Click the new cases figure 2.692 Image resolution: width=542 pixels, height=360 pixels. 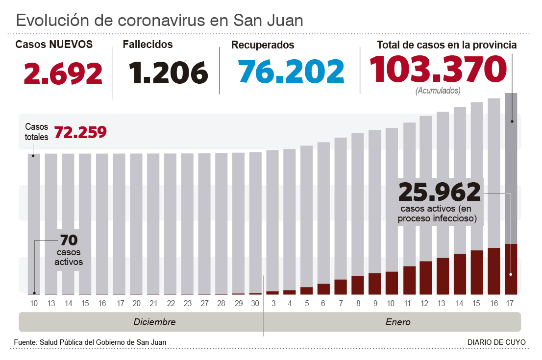tap(63, 73)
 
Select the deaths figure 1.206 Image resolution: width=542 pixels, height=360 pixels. tap(169, 73)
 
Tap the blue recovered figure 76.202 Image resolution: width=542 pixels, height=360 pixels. tap(292, 71)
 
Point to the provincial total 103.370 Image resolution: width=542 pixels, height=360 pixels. tap(438, 69)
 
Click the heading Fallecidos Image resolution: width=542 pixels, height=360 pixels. tap(148, 45)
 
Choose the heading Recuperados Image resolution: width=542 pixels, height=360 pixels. tap(263, 45)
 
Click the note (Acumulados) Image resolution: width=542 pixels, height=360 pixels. tap(438, 91)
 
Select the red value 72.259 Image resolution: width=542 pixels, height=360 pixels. tap(80, 132)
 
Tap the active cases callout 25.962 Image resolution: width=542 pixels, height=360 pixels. tap(440, 192)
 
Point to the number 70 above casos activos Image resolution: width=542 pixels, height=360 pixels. tap(69, 240)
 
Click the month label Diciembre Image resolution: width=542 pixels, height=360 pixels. tap(154, 322)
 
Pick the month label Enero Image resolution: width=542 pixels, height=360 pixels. tap(398, 322)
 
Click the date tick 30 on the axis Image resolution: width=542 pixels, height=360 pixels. tap(255, 304)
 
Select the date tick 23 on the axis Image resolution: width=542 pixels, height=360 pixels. tap(187, 304)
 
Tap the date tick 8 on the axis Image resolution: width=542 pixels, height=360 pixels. tap(358, 304)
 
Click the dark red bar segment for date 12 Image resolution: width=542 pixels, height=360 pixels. tap(425, 278)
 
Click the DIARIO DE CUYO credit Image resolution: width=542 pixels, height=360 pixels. tap(496, 342)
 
